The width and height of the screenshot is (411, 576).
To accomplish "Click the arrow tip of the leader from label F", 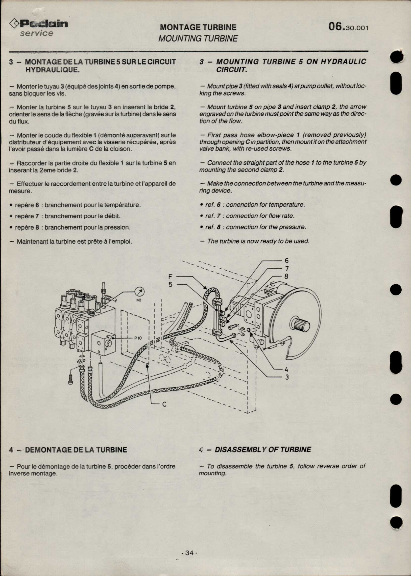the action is [207, 289].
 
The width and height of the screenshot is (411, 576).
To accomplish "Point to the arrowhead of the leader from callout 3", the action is [230, 340].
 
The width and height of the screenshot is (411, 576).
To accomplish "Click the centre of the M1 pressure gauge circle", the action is [140, 292].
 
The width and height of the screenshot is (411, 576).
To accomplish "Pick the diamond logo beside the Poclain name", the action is [14, 24].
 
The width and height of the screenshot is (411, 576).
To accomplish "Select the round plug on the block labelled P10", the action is [109, 344].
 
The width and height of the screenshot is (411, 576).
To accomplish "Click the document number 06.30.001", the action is [348, 27].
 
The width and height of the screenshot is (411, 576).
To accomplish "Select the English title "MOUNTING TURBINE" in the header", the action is [198, 38].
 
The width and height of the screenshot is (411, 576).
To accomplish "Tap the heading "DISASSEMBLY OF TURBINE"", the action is [263, 450].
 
